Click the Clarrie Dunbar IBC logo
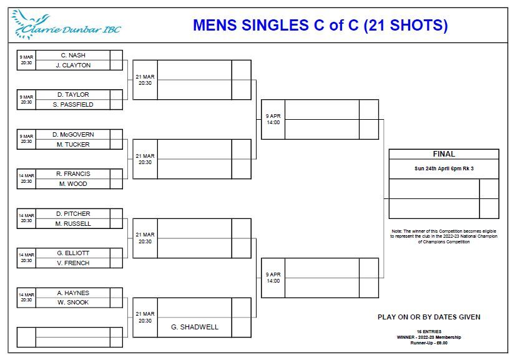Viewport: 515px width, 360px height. click(66, 24)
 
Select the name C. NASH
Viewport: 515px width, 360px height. click(73, 55)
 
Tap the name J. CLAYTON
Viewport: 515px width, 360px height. click(73, 66)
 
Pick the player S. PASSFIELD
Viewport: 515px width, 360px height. click(73, 105)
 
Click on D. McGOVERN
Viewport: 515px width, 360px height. click(73, 135)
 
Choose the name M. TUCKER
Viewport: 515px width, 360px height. click(73, 144)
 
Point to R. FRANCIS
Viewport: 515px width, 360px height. click(73, 174)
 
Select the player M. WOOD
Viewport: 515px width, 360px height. click(73, 184)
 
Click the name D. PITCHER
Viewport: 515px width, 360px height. click(73, 213)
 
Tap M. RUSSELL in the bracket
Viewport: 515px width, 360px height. click(73, 224)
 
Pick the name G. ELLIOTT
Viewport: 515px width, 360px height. click(73, 253)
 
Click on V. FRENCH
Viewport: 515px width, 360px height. click(73, 263)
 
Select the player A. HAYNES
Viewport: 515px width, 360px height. click(73, 293)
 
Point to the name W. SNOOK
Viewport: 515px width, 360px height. click(73, 302)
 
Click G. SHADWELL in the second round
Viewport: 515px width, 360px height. click(194, 327)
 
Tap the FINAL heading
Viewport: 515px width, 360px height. click(444, 154)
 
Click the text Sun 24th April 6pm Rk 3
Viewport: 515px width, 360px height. click(444, 168)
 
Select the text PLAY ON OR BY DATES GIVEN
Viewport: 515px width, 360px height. click(429, 317)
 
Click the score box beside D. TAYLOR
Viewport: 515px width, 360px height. click(116, 95)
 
